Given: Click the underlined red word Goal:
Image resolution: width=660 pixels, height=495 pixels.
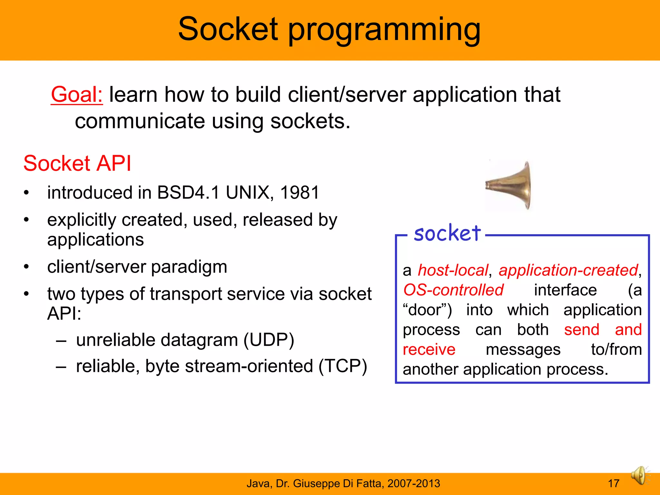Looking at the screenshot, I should [x=77, y=95].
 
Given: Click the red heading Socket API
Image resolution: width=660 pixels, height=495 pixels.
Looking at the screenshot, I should [x=77, y=163].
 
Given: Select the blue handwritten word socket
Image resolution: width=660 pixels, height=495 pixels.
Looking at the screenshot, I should [x=447, y=233].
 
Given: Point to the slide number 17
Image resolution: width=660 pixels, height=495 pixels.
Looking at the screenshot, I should [x=613, y=483].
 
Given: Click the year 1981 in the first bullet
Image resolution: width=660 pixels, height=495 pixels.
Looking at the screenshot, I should [x=300, y=193].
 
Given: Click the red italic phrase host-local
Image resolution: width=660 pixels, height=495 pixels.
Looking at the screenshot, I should [x=453, y=270].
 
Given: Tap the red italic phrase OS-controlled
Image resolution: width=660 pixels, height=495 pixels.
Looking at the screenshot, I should [x=453, y=290].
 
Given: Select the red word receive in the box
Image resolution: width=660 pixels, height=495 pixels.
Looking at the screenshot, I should [x=429, y=350].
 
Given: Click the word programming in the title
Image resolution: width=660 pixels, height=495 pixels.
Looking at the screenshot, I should [x=384, y=31].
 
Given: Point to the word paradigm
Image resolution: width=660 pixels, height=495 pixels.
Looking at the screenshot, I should [x=189, y=267].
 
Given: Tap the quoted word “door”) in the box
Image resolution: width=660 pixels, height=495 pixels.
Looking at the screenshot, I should [x=427, y=310].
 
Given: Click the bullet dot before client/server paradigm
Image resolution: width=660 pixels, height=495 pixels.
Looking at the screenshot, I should [x=26, y=267].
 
